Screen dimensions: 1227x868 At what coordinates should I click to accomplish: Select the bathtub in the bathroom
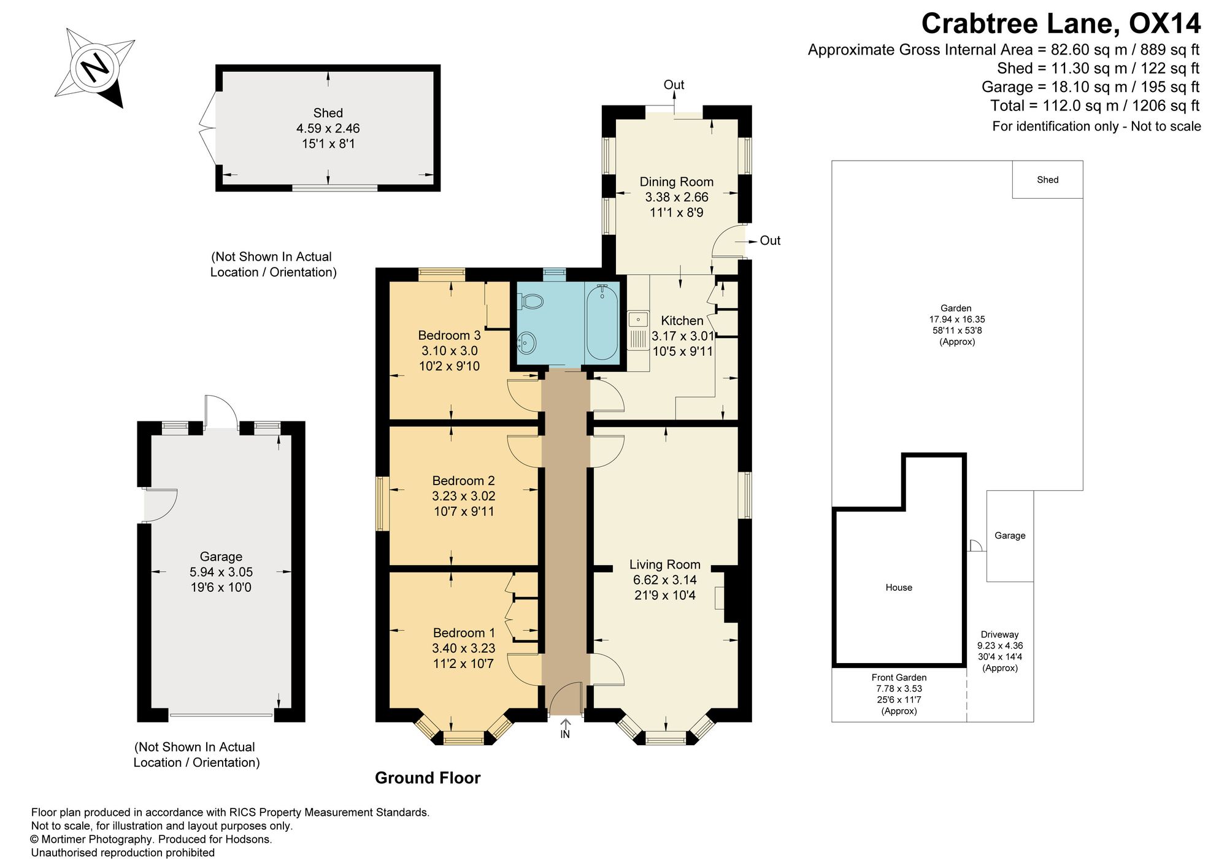[x=602, y=323]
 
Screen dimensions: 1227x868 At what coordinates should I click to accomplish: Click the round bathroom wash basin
[x=527, y=342]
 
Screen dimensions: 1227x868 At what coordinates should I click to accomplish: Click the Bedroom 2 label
[x=463, y=481]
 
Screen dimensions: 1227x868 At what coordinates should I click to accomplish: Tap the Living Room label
[x=664, y=564]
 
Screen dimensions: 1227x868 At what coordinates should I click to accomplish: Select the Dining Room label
[x=677, y=182]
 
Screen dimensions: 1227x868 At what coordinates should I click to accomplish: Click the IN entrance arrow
[x=565, y=725]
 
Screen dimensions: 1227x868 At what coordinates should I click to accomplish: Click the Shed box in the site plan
[x=1047, y=180]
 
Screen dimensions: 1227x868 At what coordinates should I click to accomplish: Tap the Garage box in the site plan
[x=1010, y=536]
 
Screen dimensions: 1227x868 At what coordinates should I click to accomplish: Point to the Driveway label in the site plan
[x=999, y=635]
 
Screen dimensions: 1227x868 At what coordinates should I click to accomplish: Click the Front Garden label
[x=899, y=678]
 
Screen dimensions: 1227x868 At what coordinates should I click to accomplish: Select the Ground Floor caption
[x=428, y=778]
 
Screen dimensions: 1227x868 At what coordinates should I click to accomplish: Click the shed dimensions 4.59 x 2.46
[x=328, y=129]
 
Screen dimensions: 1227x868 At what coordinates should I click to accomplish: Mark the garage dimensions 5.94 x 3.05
[x=221, y=572]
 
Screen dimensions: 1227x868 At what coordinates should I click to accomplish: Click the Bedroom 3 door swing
[x=524, y=396]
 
